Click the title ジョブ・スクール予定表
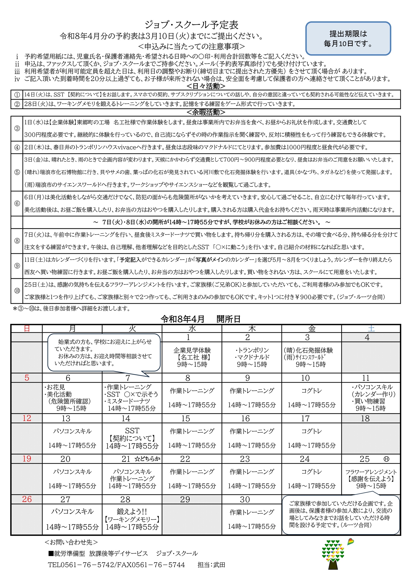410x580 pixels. tap(191, 25)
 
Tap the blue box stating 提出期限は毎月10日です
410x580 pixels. tap(348, 38)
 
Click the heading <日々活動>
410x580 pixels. tap(206, 86)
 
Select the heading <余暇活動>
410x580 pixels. tap(206, 112)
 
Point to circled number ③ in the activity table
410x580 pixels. tap(17, 128)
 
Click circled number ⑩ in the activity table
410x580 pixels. tap(17, 291)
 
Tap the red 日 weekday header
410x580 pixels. tap(27, 328)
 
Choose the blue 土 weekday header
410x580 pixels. tap(371, 328)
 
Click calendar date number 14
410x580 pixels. tap(126, 419)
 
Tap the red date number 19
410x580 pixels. tap(27, 459)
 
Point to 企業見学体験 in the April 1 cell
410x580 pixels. tap(192, 350)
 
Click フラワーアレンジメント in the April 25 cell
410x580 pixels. tap(371, 472)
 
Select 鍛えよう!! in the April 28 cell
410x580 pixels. tap(132, 511)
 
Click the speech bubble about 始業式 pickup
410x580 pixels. tap(104, 352)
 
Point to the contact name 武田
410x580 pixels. tap(219, 565)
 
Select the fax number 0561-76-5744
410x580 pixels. tap(157, 565)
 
